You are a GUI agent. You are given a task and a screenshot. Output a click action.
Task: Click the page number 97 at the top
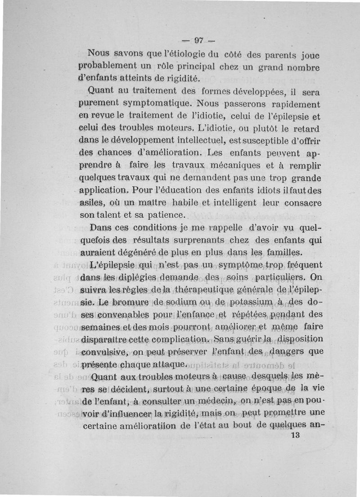199,40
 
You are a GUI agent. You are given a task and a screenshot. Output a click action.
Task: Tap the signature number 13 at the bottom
296,435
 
